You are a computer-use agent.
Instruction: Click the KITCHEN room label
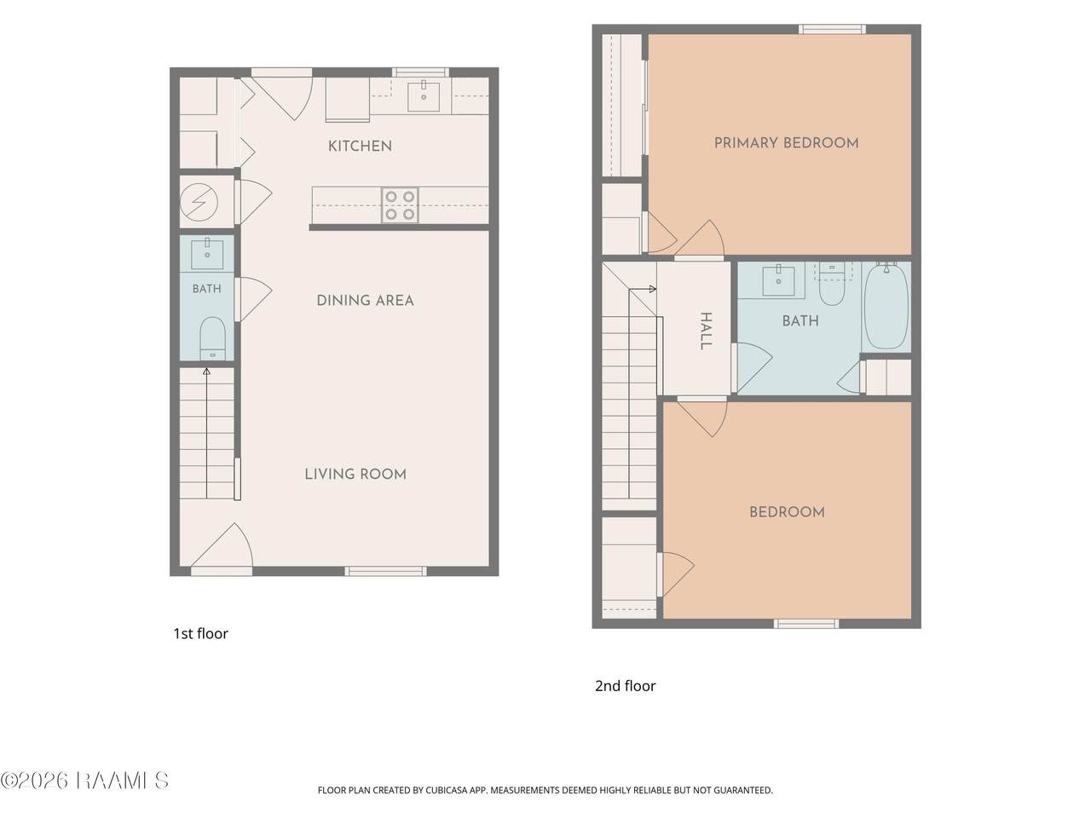[x=360, y=146]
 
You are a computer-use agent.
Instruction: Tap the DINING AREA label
[x=366, y=301]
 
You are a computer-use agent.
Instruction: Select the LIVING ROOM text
[x=355, y=475]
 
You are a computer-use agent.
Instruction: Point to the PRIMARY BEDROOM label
[x=787, y=143]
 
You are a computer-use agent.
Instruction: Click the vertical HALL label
[x=706, y=331]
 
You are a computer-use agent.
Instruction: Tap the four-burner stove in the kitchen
[x=400, y=204]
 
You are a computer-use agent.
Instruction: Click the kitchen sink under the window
[x=424, y=96]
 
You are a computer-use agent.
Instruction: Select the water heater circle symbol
[x=199, y=202]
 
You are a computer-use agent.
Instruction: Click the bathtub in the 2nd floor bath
[x=886, y=306]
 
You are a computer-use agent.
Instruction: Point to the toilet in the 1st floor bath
[x=213, y=338]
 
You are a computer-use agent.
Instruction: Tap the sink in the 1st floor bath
[x=207, y=253]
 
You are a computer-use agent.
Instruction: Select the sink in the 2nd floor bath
[x=778, y=280]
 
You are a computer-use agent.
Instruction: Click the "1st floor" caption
[x=201, y=634]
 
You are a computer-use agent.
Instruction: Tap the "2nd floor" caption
[x=626, y=686]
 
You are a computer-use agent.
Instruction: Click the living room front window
[x=385, y=571]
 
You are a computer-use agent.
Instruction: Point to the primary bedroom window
[x=832, y=29]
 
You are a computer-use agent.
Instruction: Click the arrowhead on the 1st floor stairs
[x=206, y=372]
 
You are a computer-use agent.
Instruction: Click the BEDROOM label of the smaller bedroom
[x=787, y=512]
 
